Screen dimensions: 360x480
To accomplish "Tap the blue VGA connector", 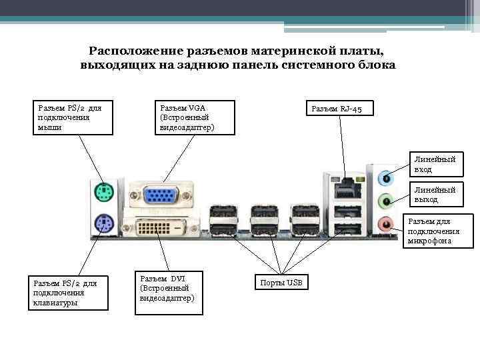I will (x=158, y=195).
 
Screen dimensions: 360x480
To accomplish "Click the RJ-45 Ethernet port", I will (x=344, y=188).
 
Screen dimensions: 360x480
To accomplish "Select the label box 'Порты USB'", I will (x=283, y=283).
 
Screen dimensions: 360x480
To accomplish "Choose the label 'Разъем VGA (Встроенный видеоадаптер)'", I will (x=194, y=117).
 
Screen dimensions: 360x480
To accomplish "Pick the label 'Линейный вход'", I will (x=435, y=165).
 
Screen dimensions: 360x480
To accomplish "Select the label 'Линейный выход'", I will (x=435, y=195).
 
